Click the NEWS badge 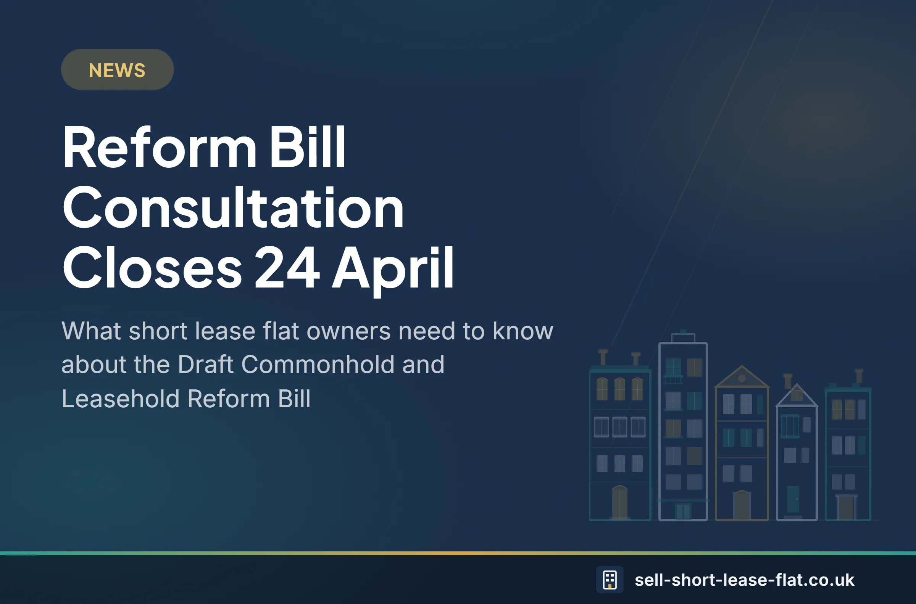[x=117, y=70]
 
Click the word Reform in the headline [x=159, y=148]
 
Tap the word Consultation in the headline [x=233, y=208]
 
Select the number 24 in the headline [x=287, y=268]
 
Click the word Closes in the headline [x=152, y=268]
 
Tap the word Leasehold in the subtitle [x=120, y=398]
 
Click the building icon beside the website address [x=610, y=579]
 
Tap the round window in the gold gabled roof [x=742, y=378]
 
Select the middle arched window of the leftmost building [x=619, y=389]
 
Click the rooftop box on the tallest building [x=683, y=337]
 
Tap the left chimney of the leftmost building [x=603, y=357]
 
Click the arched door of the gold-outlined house [x=741, y=504]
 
